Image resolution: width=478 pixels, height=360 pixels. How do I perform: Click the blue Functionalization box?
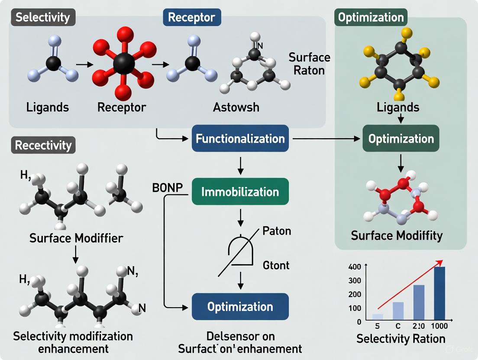[x=240, y=138]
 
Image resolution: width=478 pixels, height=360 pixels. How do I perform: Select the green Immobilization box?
[x=240, y=191]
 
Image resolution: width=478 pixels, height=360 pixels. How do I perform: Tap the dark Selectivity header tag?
[x=43, y=17]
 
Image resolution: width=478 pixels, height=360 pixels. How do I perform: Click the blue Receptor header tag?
[x=191, y=17]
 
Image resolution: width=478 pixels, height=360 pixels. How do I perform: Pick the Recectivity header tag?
[x=43, y=145]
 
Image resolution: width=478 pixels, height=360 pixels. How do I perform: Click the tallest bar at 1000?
[x=439, y=293]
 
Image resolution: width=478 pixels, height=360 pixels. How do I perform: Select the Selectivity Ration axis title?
[x=401, y=338]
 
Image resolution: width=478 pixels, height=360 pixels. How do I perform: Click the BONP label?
[x=167, y=188]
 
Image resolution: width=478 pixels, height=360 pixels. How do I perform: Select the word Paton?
[x=277, y=231]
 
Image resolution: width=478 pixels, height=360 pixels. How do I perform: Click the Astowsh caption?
[x=236, y=107]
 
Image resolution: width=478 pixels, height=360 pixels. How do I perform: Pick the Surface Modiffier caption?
[x=76, y=238]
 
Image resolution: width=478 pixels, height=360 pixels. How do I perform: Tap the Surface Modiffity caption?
[x=397, y=235]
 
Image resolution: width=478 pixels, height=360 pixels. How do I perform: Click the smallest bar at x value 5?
[x=378, y=317]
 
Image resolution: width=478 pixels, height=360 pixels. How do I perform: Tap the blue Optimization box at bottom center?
[x=240, y=307]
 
